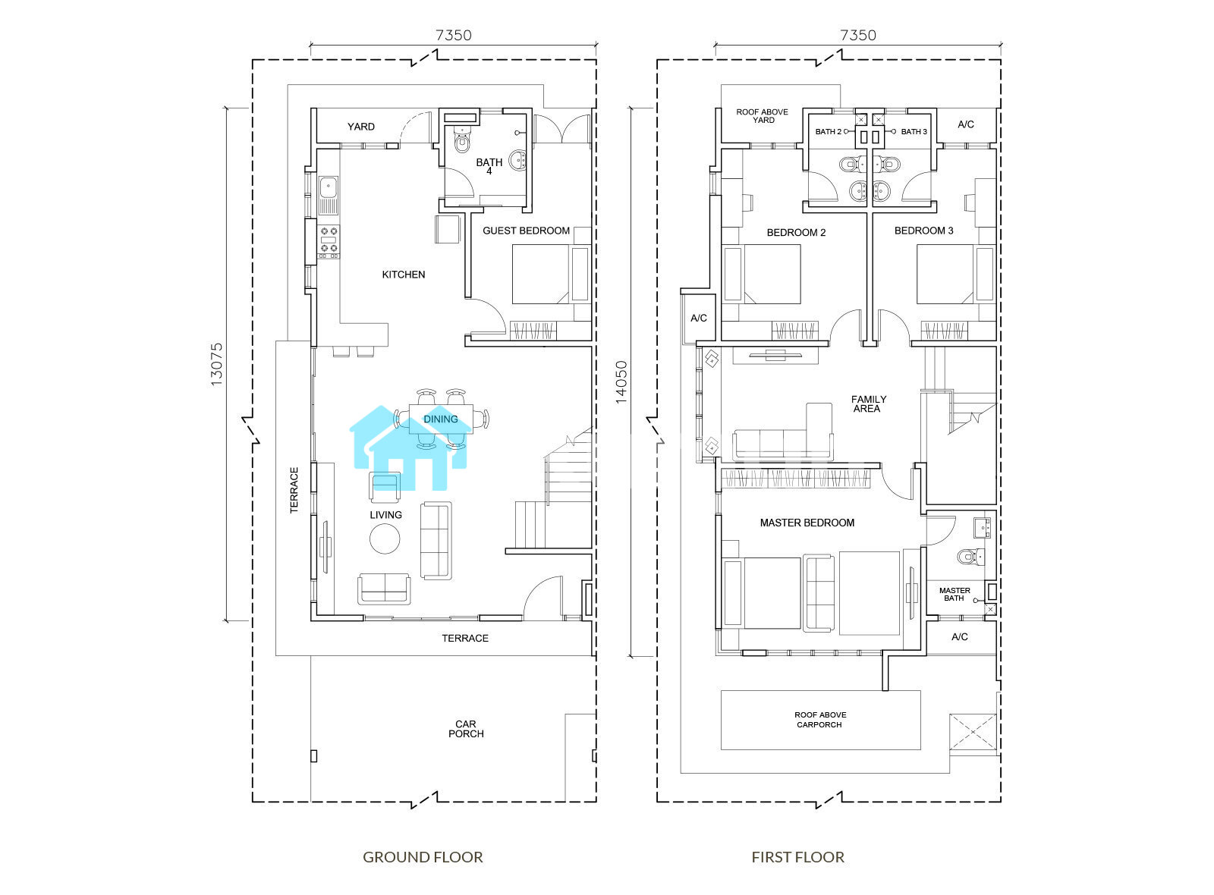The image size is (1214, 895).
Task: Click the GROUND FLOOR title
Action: click(423, 857)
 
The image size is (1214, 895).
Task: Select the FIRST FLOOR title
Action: click(797, 857)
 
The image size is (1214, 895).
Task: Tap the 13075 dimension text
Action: click(216, 365)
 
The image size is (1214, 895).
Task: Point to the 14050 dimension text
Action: click(621, 382)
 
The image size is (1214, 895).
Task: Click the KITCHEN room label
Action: click(403, 275)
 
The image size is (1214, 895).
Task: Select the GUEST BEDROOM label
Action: click(526, 231)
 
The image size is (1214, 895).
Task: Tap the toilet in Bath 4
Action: click(462, 140)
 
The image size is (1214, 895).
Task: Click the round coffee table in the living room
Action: click(385, 539)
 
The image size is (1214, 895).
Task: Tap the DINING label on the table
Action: click(441, 419)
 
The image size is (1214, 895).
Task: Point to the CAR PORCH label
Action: click(466, 729)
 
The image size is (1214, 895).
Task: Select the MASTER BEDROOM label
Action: click(807, 523)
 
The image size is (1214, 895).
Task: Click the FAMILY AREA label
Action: click(868, 404)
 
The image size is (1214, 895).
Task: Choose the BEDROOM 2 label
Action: click(796, 233)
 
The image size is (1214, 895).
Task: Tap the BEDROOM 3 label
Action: click(923, 231)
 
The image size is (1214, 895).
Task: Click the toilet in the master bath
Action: click(970, 557)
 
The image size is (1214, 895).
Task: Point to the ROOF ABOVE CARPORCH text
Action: click(820, 720)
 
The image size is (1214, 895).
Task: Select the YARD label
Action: click(361, 127)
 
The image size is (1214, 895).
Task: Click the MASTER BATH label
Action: click(955, 595)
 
